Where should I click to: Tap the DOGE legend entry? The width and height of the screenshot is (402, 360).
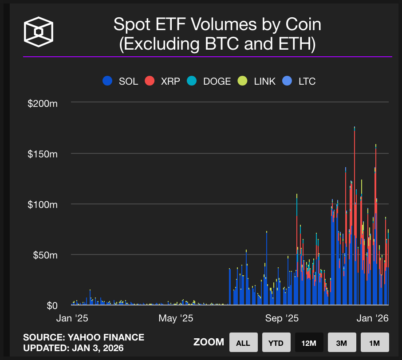tap(211, 81)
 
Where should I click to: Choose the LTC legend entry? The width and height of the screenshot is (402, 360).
tap(300, 81)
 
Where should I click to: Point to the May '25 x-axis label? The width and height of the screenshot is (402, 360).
tap(176, 318)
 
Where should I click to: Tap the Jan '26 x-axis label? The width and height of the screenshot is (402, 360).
tap(374, 318)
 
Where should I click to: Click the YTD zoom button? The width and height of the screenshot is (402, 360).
tap(276, 342)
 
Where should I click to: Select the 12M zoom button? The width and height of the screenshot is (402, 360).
tap(309, 342)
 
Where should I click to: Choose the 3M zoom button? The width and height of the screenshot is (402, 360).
tap(342, 342)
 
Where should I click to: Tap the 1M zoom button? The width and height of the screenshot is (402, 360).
tap(374, 342)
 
